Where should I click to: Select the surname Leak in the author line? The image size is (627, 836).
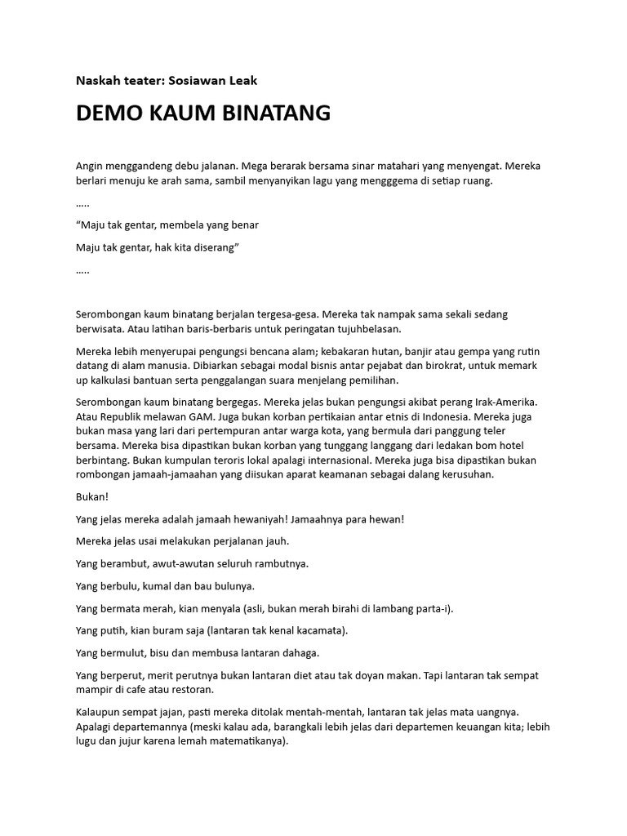pyautogui.click(x=241, y=80)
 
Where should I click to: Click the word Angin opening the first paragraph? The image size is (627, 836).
pyautogui.click(x=91, y=166)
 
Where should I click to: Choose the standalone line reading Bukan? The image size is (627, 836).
pyautogui.click(x=91, y=497)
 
